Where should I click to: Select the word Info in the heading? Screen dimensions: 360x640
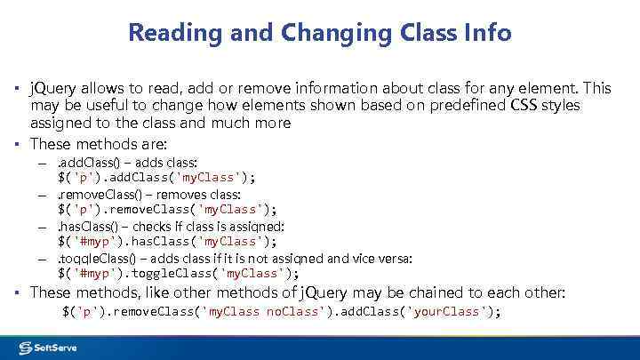[x=487, y=34]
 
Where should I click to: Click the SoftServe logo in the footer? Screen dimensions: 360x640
[x=48, y=347]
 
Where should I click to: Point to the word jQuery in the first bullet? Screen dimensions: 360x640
[x=57, y=89]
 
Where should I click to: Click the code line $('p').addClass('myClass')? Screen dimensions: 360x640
[x=156, y=177]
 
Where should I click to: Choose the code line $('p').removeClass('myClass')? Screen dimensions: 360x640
[x=167, y=209]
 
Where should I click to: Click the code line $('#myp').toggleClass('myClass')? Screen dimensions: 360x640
[x=178, y=273]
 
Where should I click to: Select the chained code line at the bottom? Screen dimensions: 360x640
[x=282, y=311]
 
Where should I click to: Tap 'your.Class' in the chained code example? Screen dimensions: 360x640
[x=445, y=311]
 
